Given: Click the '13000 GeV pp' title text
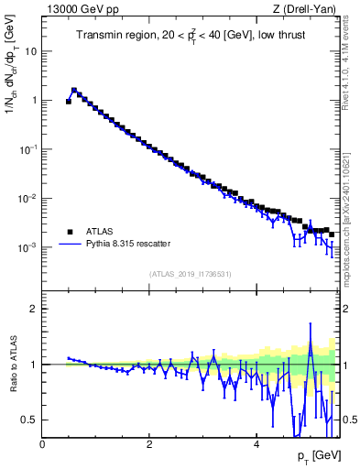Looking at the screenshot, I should click(79, 10).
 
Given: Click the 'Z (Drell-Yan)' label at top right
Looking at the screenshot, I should click(308, 10).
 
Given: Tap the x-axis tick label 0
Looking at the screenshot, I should click(43, 445).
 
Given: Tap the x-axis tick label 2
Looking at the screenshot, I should click(149, 445).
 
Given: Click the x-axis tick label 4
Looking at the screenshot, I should click(256, 445).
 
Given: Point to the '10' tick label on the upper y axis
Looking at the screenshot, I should click(30, 51).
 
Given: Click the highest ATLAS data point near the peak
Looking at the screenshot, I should click(74, 91).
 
